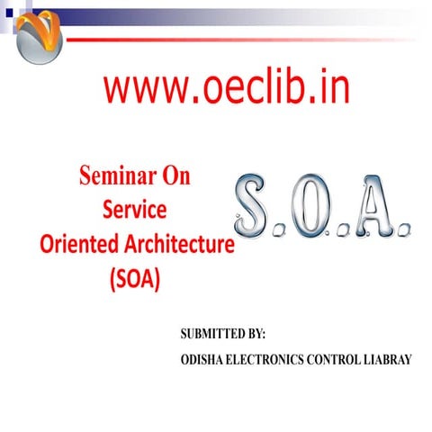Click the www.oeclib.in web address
tap(225, 88)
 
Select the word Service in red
tap(134, 210)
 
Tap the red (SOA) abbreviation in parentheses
tap(134, 279)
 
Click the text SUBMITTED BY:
tap(223, 334)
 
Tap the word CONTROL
tap(337, 359)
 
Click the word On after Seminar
tap(176, 176)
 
